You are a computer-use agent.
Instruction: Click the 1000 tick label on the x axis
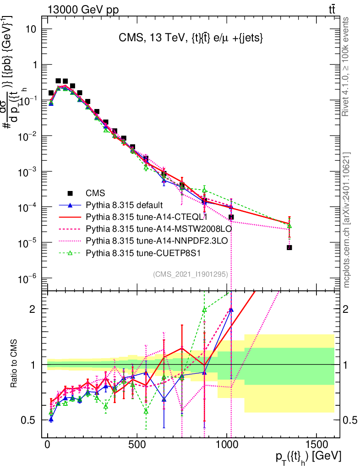[x=227, y=445]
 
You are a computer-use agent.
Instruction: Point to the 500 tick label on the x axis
[x=137, y=445]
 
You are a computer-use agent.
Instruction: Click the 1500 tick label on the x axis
[x=316, y=445]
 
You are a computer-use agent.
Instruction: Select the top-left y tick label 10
[x=30, y=29]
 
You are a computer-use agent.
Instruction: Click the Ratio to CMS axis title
[x=14, y=365]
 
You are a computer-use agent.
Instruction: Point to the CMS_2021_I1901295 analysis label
[x=190, y=274]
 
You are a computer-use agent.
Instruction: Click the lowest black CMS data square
[x=289, y=247]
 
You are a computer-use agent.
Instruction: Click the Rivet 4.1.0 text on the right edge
[x=347, y=66]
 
